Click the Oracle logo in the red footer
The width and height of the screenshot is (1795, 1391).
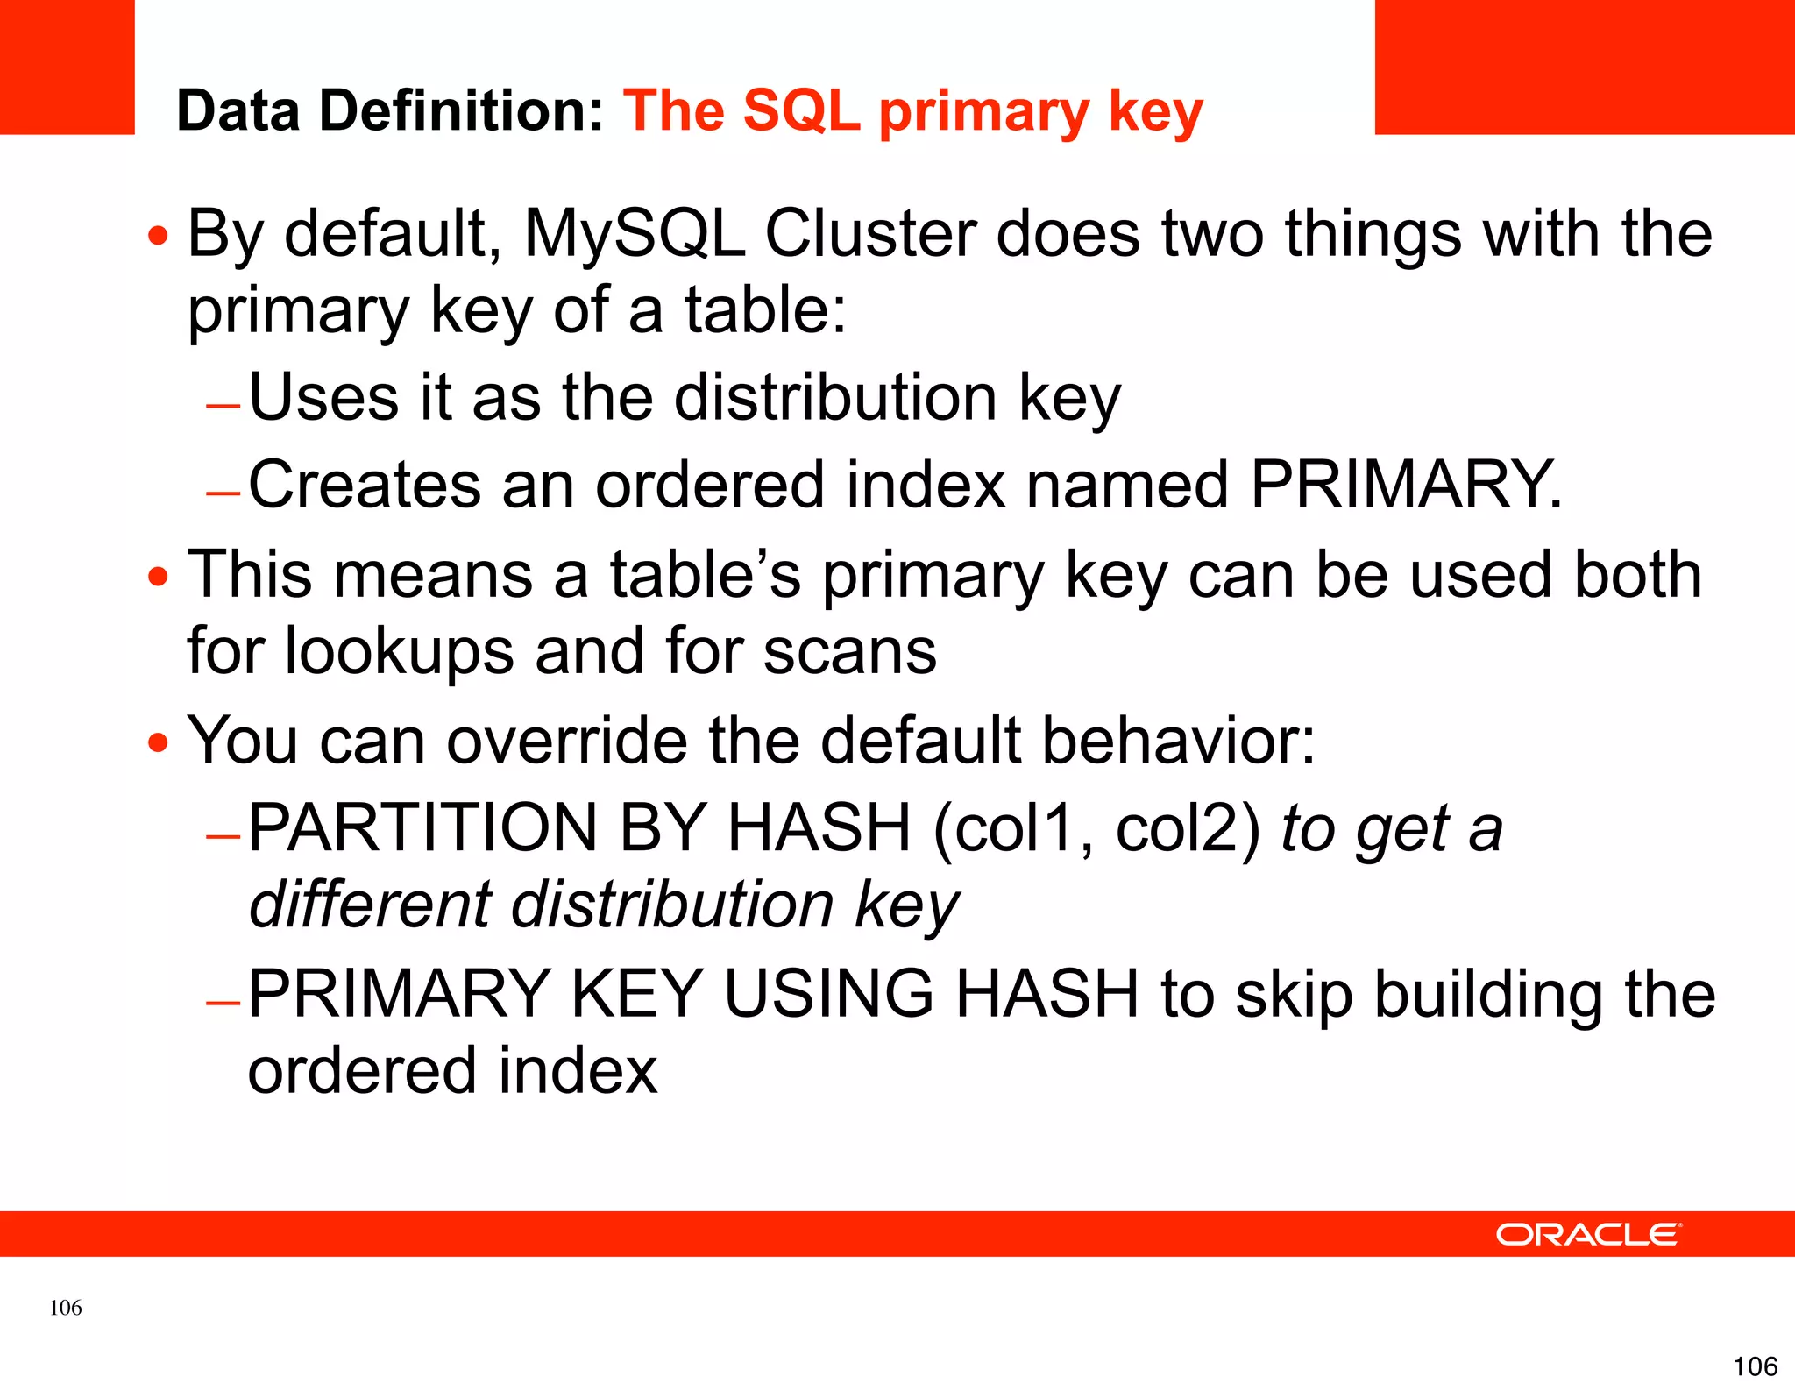[1587, 1234]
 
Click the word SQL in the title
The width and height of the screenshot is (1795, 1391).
[801, 111]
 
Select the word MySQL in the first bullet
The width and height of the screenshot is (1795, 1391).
[634, 235]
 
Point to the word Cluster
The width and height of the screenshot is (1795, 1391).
[870, 235]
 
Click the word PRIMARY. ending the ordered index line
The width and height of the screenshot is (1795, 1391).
[1405, 485]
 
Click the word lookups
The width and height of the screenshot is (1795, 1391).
[400, 651]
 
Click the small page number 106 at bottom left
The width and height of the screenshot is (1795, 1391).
[66, 1308]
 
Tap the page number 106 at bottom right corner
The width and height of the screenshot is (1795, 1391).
[1755, 1366]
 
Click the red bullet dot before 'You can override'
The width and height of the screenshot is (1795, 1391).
[158, 743]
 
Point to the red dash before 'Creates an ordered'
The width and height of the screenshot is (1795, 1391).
[223, 493]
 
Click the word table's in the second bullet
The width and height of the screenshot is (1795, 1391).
[706, 575]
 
